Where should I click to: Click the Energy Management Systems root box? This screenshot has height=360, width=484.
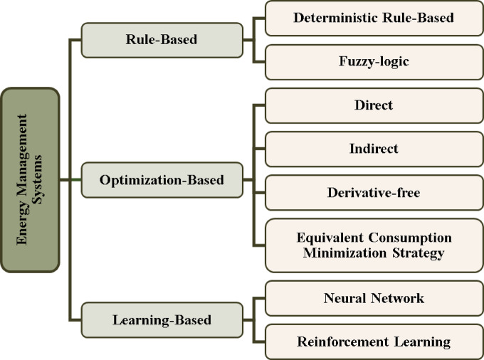pos(31,180)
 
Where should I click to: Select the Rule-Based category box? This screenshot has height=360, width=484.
pos(162,41)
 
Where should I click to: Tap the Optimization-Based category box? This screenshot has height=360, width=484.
pos(162,180)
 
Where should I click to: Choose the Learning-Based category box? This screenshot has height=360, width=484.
pos(162,319)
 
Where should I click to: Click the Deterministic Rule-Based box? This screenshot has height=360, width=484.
pos(374,18)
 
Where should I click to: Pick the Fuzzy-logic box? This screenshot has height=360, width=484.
pos(374,62)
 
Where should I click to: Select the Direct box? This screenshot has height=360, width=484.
pos(374,105)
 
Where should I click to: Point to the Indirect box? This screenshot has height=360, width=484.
pos(374,149)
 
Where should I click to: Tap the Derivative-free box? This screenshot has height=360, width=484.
pos(374,192)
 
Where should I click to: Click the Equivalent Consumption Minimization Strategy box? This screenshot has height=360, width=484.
pos(374,245)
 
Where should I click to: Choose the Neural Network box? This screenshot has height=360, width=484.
pos(374,298)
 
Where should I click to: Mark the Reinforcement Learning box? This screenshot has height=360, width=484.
pos(374,342)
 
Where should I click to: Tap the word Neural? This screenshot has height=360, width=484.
pos(344,298)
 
